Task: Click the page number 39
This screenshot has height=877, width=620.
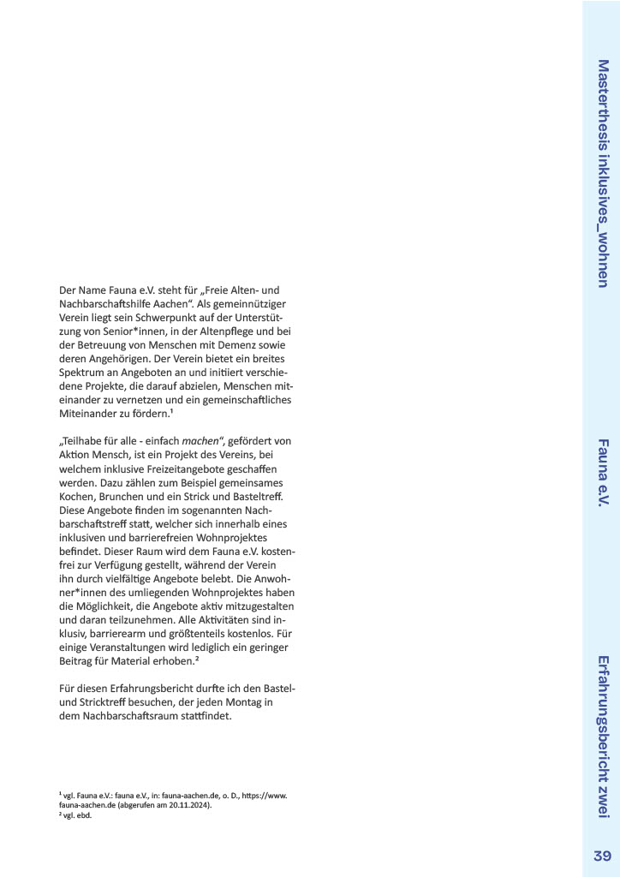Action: pyautogui.click(x=601, y=856)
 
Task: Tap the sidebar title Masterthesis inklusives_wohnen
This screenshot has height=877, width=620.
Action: pyautogui.click(x=603, y=173)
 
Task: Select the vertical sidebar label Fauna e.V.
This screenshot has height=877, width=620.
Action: pyautogui.click(x=603, y=473)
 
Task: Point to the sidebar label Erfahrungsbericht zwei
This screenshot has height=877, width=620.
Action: pyautogui.click(x=603, y=737)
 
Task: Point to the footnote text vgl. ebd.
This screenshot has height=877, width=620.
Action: pyautogui.click(x=76, y=815)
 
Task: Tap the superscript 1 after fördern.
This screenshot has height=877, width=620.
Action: pyautogui.click(x=171, y=412)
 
